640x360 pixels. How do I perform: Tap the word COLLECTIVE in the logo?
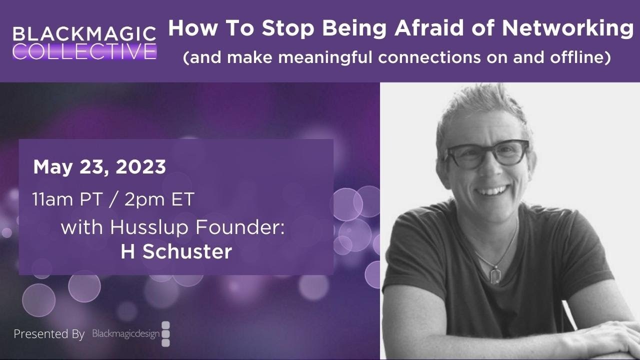[84, 51]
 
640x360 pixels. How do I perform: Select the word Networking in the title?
[567, 29]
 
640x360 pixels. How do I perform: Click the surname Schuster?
[187, 251]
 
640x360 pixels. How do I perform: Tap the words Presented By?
[49, 334]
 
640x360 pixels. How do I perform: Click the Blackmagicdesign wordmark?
[125, 333]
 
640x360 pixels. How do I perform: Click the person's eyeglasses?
[485, 153]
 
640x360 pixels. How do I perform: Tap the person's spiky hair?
[480, 102]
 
